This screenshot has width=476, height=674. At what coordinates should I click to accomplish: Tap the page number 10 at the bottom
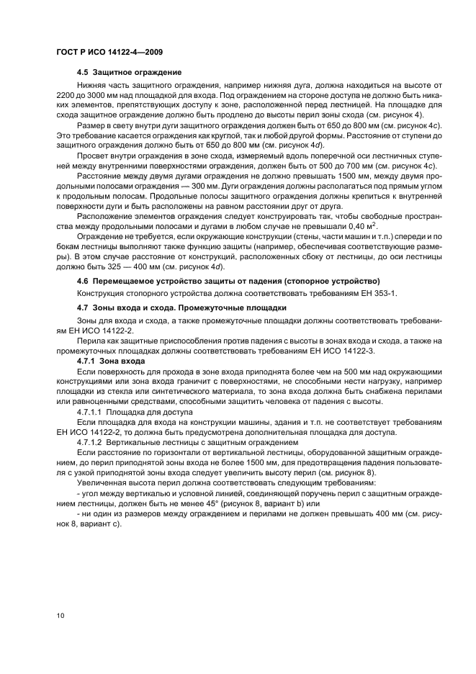coord(59,615)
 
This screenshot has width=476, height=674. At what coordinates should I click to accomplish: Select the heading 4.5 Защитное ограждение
coord(129,73)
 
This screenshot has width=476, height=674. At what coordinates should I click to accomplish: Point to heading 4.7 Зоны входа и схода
coord(181,307)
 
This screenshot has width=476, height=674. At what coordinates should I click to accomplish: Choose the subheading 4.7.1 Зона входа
coord(110,359)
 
